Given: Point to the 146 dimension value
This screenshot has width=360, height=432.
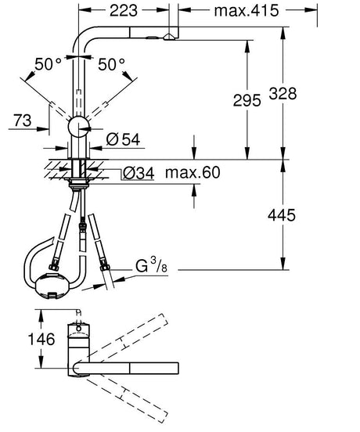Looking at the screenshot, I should coord(20,339).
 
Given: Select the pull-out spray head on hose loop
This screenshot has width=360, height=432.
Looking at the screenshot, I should coord(50,286).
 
